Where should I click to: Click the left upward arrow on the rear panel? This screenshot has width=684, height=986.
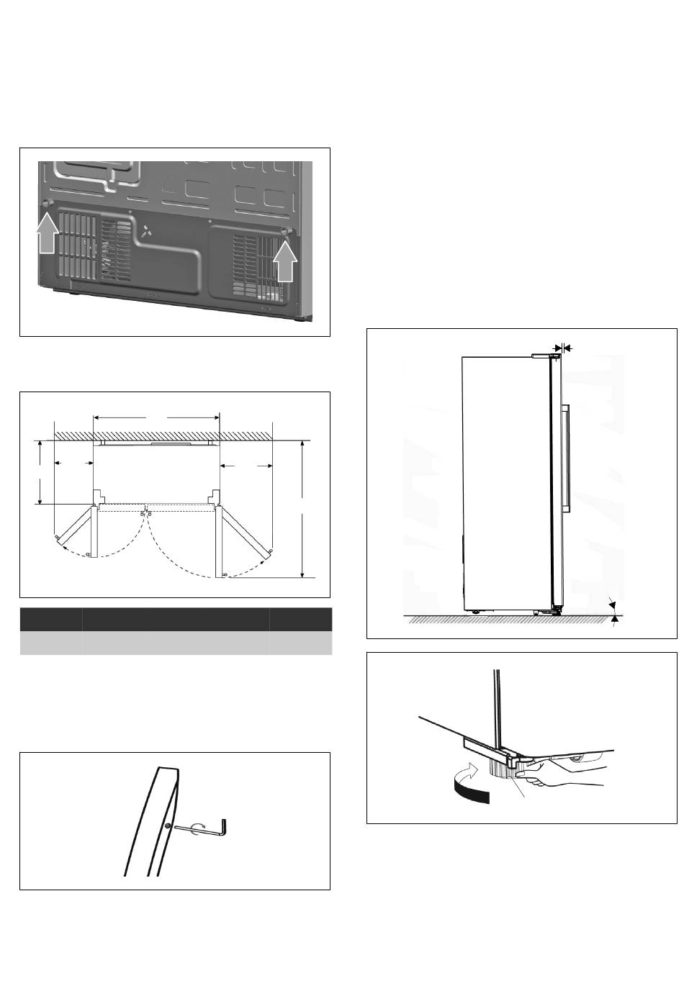coord(46,235)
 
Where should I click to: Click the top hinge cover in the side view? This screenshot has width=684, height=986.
coord(546,355)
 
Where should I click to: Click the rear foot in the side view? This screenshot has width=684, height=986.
coord(475,612)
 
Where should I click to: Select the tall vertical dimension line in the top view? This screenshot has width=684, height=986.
coord(303,509)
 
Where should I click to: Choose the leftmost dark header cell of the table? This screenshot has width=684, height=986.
coord(50,620)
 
